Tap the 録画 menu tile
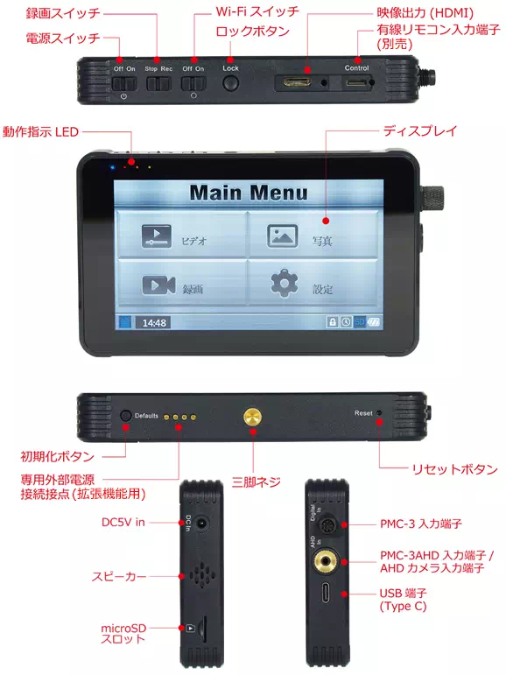tap(180, 285)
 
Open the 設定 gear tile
tap(310, 285)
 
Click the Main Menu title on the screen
tap(249, 193)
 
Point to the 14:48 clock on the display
tap(155, 322)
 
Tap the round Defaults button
tap(126, 416)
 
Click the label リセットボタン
tap(454, 469)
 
